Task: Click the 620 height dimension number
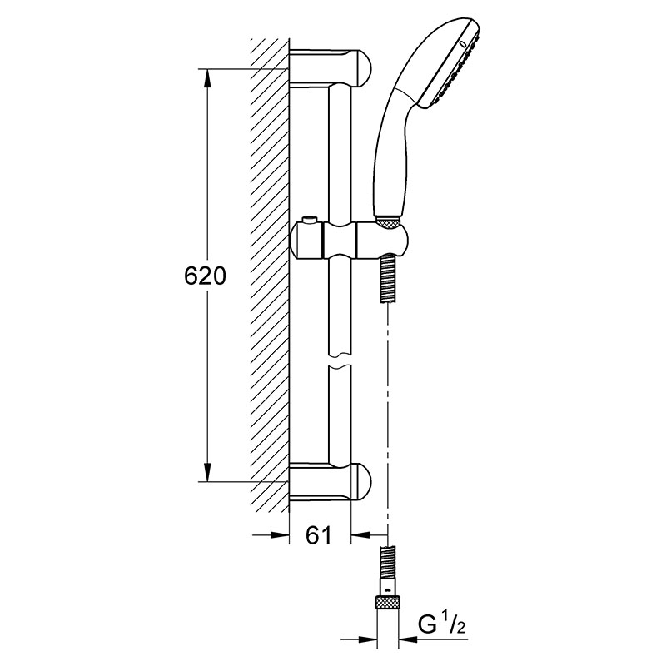tap(205, 276)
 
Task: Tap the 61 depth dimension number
tap(318, 535)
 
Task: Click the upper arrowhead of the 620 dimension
tap(207, 78)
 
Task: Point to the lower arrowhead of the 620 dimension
tap(207, 472)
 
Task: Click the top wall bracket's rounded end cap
tap(361, 68)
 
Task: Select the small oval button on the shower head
tap(464, 44)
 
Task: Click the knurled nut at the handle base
tap(388, 222)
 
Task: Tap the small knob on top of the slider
tap(309, 221)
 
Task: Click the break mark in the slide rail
tap(340, 360)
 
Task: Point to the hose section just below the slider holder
tap(387, 278)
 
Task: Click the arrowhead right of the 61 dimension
tap(361, 534)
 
